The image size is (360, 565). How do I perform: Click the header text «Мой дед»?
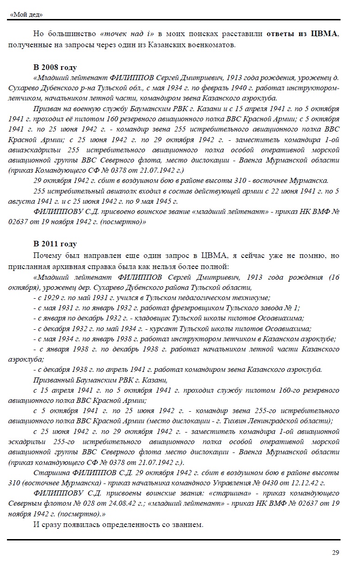[x=26, y=14]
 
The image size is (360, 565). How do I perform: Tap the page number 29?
[x=335, y=552]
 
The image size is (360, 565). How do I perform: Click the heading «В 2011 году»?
[x=55, y=244]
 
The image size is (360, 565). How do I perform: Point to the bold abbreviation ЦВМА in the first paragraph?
[x=326, y=34]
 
